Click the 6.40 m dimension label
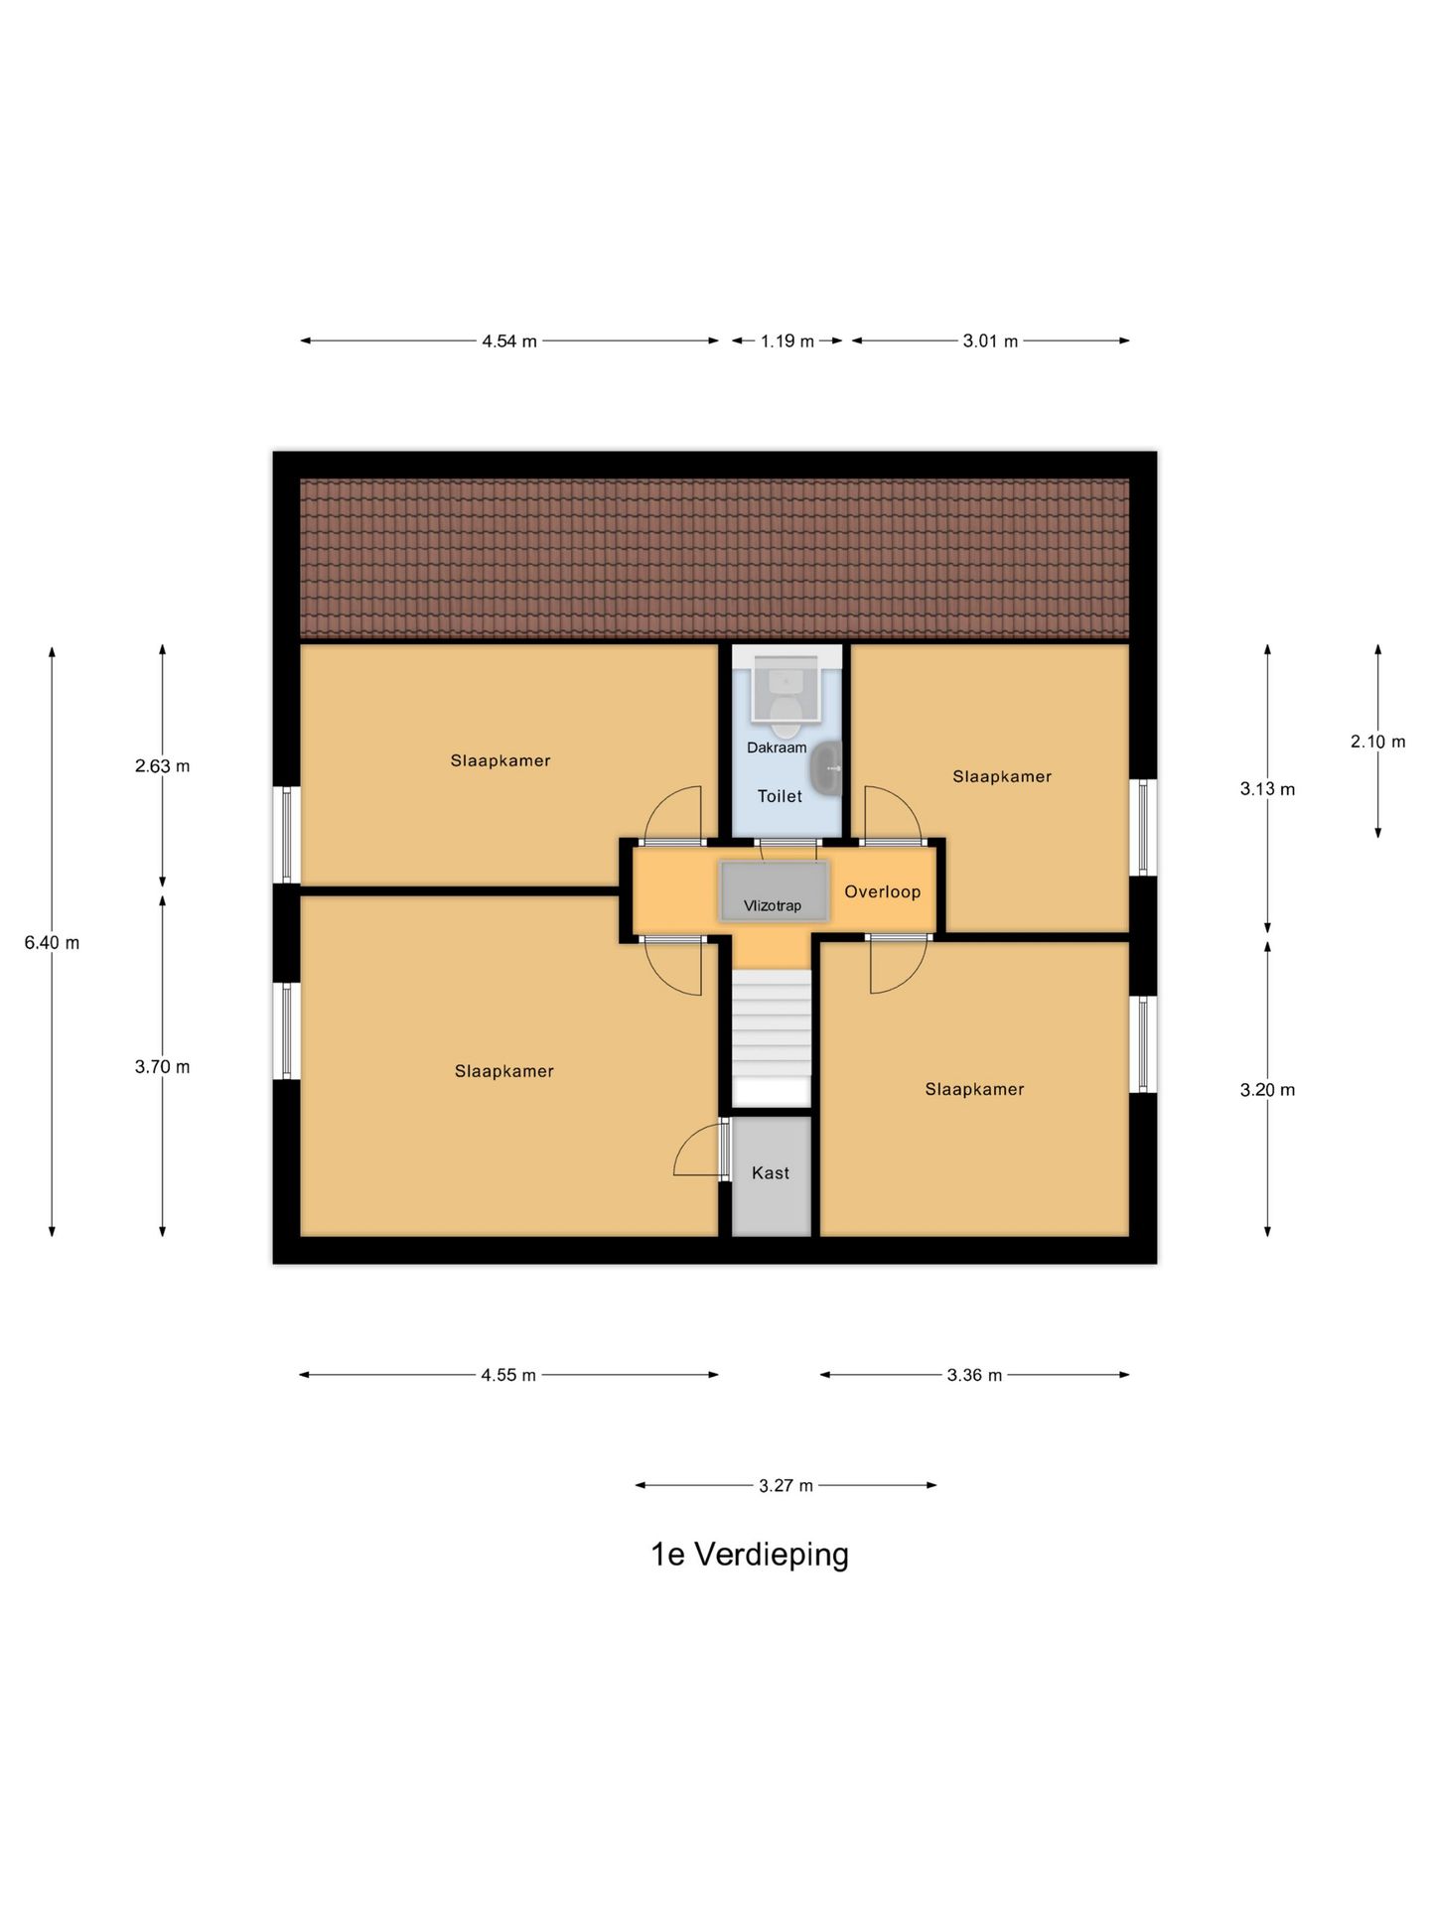coord(52,943)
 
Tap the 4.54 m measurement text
coord(509,341)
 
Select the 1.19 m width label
coord(787,341)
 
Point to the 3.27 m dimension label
coord(786,1486)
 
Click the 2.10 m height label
coord(1377,742)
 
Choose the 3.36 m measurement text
coord(974,1375)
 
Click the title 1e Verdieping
coord(750,1555)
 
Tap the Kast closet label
coord(771,1173)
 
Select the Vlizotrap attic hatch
coord(774,890)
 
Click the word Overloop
coord(882,891)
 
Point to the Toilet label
coord(780,796)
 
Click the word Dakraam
coord(777,748)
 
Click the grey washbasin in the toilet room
coord(826,769)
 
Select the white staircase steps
coord(772,1022)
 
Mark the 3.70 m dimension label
coord(163,1067)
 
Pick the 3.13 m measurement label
coord(1267,789)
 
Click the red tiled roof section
coord(714,558)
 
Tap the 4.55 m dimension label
coord(508,1375)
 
